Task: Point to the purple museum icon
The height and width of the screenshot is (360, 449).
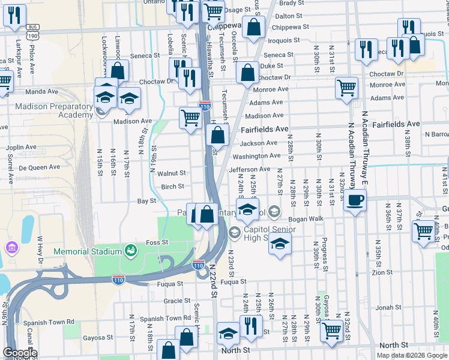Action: click(11, 247)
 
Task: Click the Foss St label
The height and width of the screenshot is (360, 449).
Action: click(157, 242)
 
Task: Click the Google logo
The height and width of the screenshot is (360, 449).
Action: click(20, 353)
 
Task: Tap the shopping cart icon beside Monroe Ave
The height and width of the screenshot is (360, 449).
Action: click(347, 88)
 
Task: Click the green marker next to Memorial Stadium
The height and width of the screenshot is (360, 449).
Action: click(129, 249)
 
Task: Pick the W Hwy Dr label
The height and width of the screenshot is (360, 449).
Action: click(41, 250)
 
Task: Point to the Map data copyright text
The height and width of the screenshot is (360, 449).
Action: click(412, 355)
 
